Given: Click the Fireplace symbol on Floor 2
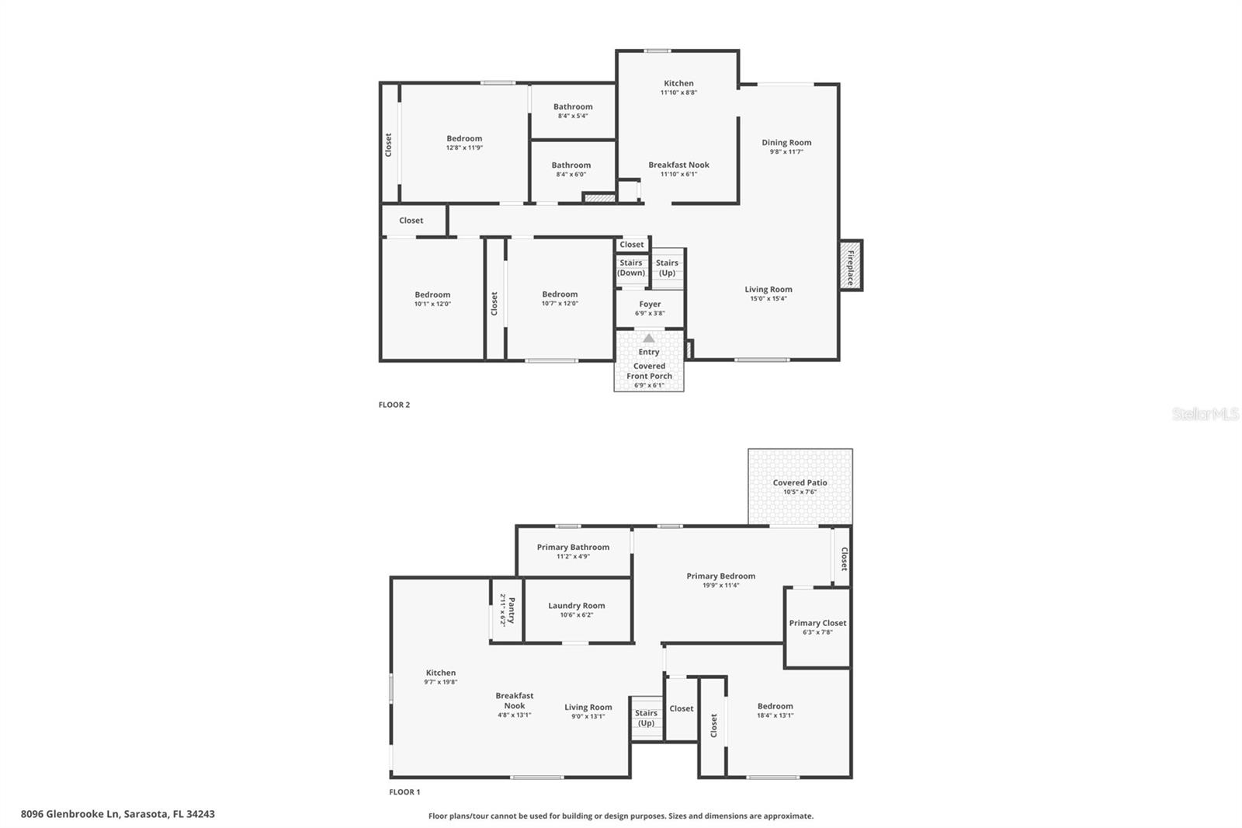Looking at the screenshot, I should [x=851, y=266].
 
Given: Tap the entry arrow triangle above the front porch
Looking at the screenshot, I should [x=649, y=339].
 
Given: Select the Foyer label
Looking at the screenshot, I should [x=650, y=304].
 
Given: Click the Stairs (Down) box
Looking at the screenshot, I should [x=631, y=268].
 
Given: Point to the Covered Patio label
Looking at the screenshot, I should [x=800, y=482].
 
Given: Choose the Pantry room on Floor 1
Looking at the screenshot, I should [x=507, y=610].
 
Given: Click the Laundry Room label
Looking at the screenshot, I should [x=576, y=606].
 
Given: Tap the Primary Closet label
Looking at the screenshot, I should [x=817, y=623].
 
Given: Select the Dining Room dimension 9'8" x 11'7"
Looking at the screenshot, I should [x=786, y=152].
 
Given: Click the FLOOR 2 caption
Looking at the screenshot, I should [x=394, y=405].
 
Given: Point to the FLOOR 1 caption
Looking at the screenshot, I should [x=404, y=792].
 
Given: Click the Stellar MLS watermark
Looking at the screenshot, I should [x=1205, y=415].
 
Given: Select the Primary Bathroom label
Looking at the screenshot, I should [x=573, y=547].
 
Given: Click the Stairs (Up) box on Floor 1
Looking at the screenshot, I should [x=646, y=718].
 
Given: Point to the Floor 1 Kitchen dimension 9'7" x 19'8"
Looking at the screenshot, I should [x=440, y=682].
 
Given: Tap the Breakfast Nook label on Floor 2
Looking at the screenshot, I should [x=678, y=165].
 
